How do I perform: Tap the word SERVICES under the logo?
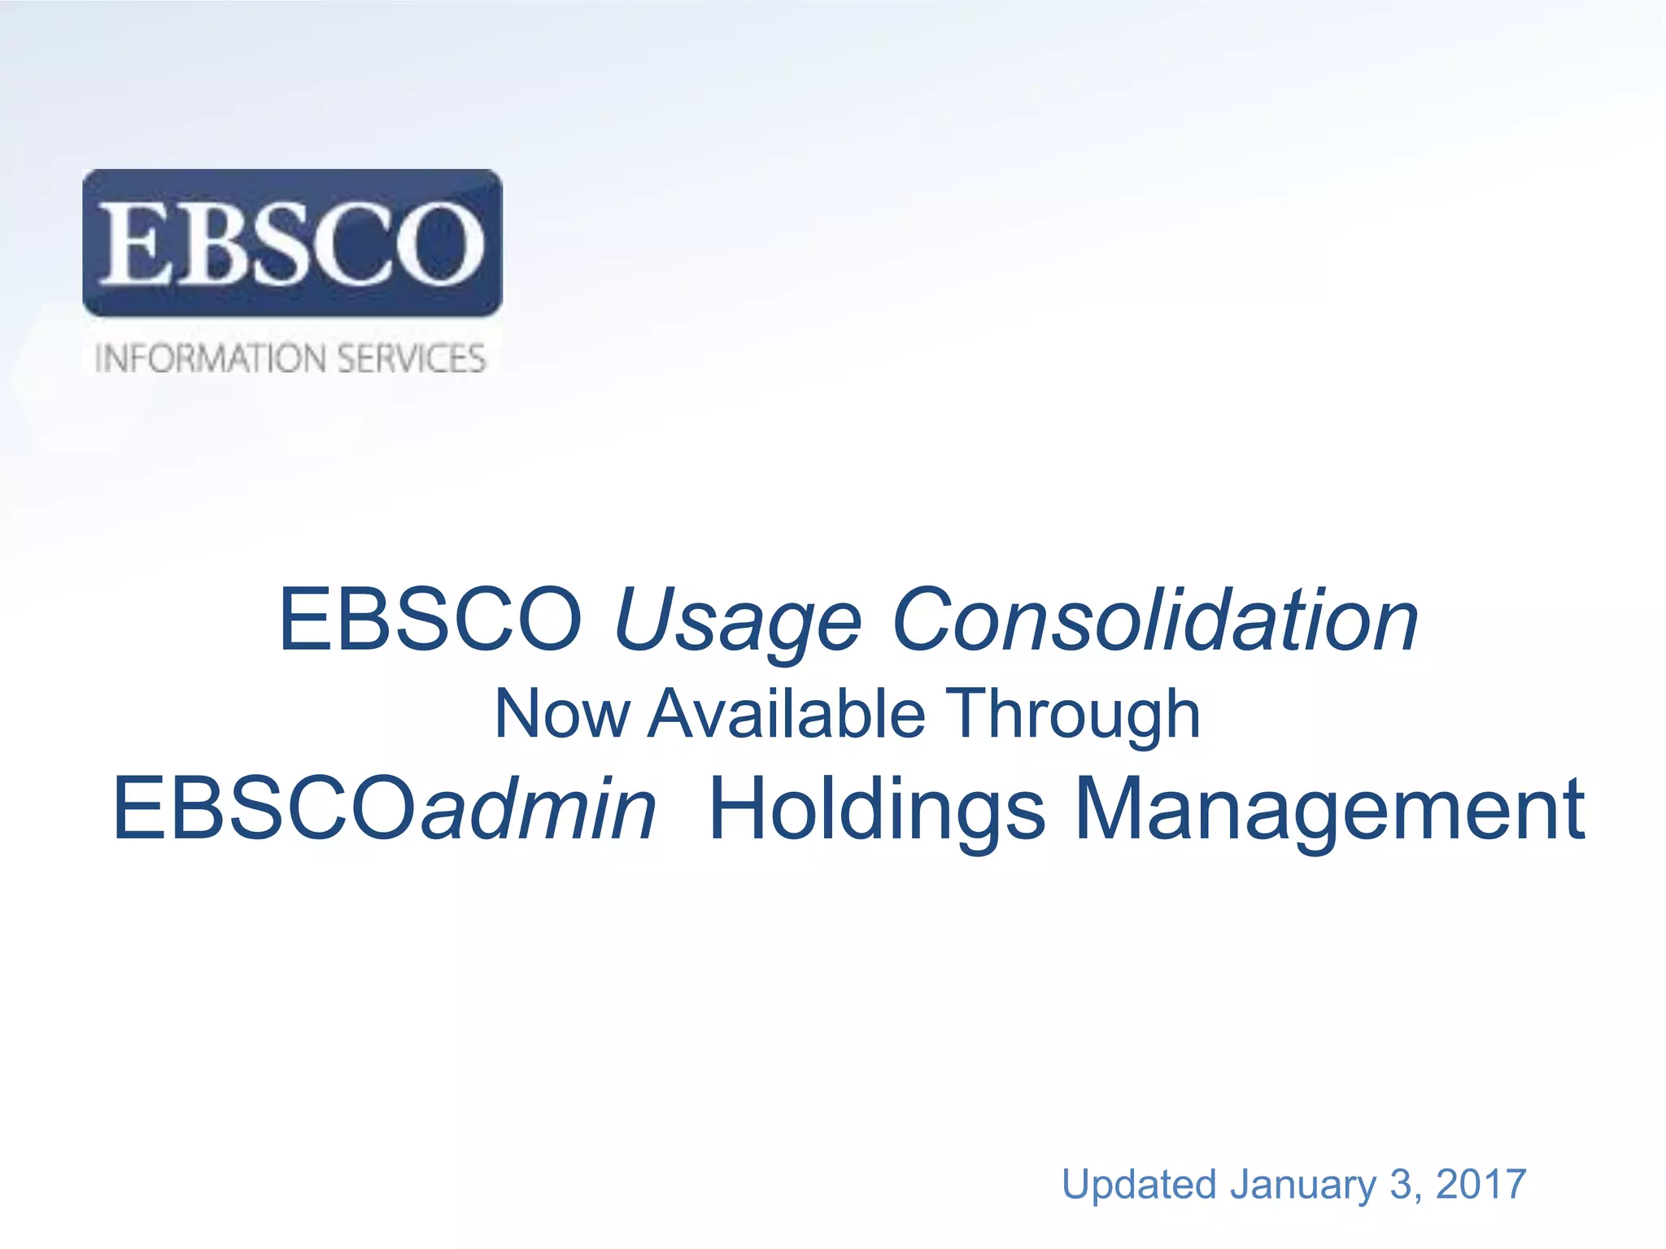coord(411,359)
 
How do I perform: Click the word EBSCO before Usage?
coord(430,620)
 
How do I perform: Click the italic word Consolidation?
coord(1155,620)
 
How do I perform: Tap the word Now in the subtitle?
coord(561,714)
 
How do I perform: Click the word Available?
coord(787,714)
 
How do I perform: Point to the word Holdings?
coord(877,810)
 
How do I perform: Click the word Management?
coord(1330,810)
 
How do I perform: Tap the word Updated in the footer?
coord(1138,1184)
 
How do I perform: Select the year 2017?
coord(1481,1184)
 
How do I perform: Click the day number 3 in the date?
coord(1401,1184)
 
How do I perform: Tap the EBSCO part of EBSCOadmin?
coord(264,808)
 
